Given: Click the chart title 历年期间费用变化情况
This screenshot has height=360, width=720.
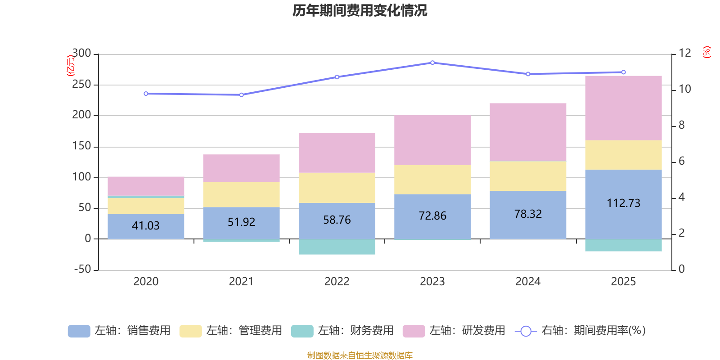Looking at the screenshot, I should pos(360,10).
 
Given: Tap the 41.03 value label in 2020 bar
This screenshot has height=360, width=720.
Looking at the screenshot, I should pos(146,225).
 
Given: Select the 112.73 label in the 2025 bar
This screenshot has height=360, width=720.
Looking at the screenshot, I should pos(623,203).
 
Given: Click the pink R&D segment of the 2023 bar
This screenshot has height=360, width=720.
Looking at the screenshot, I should pos(432,140).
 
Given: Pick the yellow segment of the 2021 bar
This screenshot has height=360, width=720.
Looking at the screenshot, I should pos(241,194).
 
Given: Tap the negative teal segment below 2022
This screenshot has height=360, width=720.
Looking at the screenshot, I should pos(337,247).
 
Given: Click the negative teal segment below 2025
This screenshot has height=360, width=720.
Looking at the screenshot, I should pos(623,245).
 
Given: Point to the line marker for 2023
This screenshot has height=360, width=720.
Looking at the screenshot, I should pos(432,63).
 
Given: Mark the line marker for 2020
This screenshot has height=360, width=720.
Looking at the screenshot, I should pos(146,94).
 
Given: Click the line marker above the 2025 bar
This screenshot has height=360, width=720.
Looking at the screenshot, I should pos(623,72).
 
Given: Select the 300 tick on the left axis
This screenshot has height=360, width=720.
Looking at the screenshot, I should pos(81,54).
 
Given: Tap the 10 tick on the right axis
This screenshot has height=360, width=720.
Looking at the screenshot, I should pos(684,89).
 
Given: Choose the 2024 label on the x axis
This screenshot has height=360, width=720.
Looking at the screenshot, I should pos(528,282).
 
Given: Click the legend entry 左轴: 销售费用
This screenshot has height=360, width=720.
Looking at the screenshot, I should pos(119,331).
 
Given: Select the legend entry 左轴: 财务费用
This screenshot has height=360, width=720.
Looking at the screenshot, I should pos(342,331).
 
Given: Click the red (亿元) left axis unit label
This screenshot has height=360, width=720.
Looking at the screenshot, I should pos(70,66).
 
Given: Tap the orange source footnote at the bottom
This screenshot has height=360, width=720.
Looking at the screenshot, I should pos(360,355).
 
